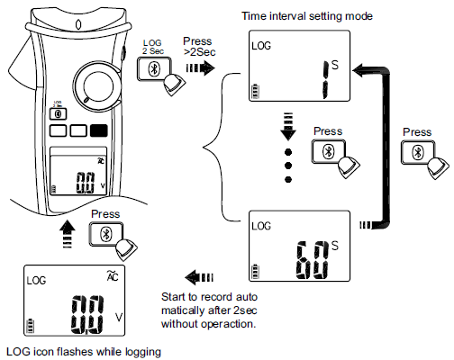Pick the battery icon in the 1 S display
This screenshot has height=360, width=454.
[x=259, y=90]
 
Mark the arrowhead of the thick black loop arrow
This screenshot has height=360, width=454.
[x=359, y=67]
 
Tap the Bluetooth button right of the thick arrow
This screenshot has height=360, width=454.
[x=416, y=153]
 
